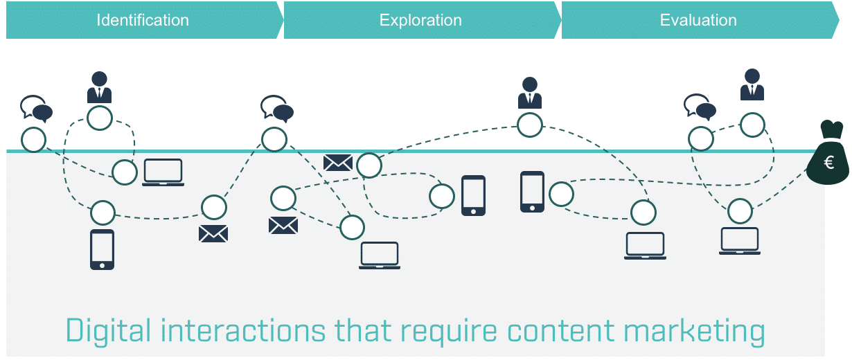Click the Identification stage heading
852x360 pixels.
click(x=143, y=20)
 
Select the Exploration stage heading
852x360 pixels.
click(x=420, y=20)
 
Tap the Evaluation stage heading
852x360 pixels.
click(x=698, y=20)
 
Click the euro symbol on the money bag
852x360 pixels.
click(x=829, y=163)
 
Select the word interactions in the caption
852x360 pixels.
click(x=243, y=330)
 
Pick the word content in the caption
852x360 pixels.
click(x=560, y=331)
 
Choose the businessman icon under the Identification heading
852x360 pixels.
click(x=99, y=87)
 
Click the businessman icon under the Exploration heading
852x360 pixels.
click(x=530, y=93)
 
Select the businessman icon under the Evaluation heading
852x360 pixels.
click(x=752, y=84)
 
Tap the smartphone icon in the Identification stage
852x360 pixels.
click(x=102, y=250)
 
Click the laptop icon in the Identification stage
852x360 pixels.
click(x=163, y=172)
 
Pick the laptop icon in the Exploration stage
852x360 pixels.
click(x=380, y=255)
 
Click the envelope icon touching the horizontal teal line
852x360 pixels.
click(x=338, y=163)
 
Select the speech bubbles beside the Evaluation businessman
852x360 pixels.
click(x=700, y=107)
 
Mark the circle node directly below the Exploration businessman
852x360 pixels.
click(x=530, y=125)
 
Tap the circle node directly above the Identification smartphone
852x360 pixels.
click(x=103, y=213)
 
